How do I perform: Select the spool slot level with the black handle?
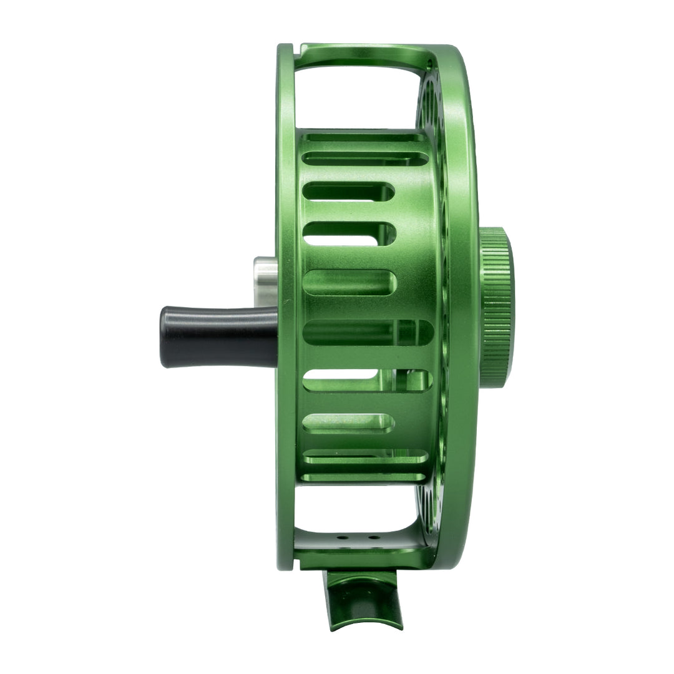point(368,333)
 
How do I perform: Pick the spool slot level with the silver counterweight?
point(349,282)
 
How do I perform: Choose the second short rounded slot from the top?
point(349,233)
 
